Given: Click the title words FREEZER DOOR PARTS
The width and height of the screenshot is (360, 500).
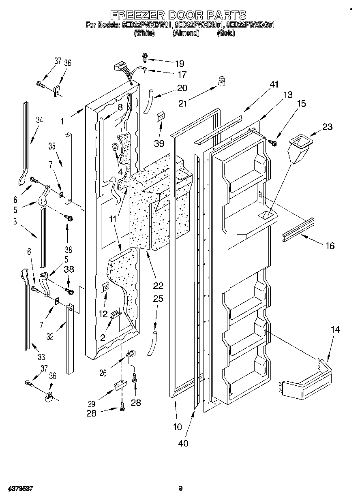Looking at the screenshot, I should coord(178,15).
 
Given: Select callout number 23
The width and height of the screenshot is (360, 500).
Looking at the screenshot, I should coord(327,127).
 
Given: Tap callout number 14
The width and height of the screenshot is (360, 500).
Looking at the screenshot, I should coord(334,330).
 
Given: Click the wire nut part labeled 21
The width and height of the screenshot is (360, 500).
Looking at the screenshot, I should coord(221,82).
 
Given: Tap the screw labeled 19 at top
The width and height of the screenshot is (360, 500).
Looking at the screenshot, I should coord(144,57).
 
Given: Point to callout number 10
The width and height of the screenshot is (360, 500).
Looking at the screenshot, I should coord(177,426).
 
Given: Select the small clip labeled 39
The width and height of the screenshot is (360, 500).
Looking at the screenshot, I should coord(161,117).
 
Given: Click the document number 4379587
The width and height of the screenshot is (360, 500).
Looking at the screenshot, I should coord(19,489).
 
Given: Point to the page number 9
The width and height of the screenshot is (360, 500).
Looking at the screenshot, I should coord(180,489).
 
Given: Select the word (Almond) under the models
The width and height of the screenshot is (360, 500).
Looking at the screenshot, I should coord(186,34).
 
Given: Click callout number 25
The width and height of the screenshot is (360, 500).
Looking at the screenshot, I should coord(158,299).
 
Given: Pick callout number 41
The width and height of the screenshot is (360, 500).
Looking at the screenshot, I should coord(274,85).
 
